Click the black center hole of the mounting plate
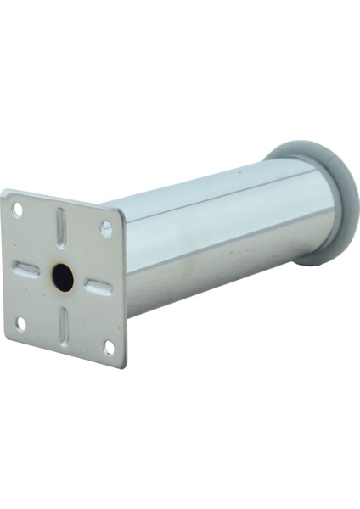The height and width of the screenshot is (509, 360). [63, 277]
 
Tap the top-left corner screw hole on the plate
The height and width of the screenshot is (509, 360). [17, 210]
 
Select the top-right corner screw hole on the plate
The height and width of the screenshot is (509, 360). [106, 228]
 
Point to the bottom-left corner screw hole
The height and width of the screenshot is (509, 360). [21, 323]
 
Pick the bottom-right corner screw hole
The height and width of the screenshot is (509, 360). [109, 347]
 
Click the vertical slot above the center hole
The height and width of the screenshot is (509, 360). [61, 227]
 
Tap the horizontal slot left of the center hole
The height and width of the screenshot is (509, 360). [27, 269]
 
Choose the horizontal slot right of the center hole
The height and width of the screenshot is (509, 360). [99, 287]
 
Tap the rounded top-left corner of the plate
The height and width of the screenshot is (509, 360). [5, 193]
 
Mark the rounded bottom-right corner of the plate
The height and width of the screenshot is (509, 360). [124, 364]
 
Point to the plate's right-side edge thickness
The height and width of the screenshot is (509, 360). [125, 288]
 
